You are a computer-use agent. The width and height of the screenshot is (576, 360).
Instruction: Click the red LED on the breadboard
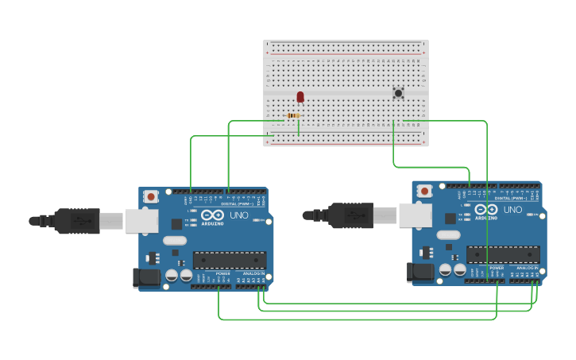pyautogui.click(x=300, y=97)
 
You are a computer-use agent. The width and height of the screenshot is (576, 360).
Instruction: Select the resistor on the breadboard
pyautogui.click(x=293, y=116)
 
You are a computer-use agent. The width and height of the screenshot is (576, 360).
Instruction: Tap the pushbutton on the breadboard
pyautogui.click(x=398, y=93)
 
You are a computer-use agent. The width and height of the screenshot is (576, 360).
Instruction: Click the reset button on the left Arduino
pyautogui.click(x=151, y=195)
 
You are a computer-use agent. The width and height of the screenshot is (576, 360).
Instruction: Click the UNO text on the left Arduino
pyautogui.click(x=239, y=215)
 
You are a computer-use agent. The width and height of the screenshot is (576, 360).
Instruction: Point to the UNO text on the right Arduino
pyautogui.click(x=512, y=210)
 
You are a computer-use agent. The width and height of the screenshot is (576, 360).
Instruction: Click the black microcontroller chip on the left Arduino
pyautogui.click(x=230, y=260)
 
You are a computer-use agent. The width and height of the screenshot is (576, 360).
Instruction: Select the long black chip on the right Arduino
pyautogui.click(x=503, y=254)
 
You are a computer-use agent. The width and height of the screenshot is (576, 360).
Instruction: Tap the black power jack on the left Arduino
pyautogui.click(x=147, y=277)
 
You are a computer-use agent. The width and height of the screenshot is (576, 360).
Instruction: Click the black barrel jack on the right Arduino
pyautogui.click(x=420, y=272)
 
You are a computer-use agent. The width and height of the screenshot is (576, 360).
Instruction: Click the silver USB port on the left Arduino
pyautogui.click(x=141, y=221)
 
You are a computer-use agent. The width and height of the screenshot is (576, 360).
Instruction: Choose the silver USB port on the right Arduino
pyautogui.click(x=415, y=215)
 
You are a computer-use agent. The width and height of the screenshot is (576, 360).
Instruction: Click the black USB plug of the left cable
pyautogui.click(x=78, y=221)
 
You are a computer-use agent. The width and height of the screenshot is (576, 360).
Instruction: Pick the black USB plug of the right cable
pyautogui.click(x=351, y=215)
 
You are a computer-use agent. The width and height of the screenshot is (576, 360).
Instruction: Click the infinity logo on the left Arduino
pyautogui.click(x=212, y=215)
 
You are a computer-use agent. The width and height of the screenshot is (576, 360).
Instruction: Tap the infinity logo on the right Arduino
pyautogui.click(x=485, y=209)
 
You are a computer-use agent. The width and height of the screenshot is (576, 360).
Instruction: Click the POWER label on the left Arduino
pyautogui.click(x=222, y=273)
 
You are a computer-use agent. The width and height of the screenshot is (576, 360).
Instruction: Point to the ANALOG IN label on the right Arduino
pyautogui.click(x=527, y=268)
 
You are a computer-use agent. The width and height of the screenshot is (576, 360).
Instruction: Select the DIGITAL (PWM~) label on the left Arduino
pyautogui.click(x=238, y=204)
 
